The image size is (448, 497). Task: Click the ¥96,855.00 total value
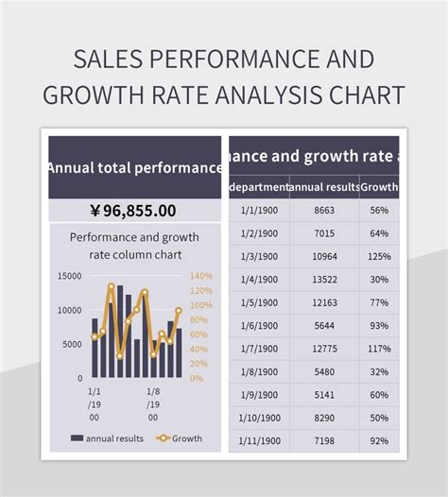pyautogui.click(x=133, y=210)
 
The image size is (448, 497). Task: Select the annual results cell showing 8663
pyautogui.click(x=324, y=211)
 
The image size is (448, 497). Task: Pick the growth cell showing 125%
pyautogui.click(x=379, y=257)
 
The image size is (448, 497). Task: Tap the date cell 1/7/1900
pyautogui.click(x=259, y=349)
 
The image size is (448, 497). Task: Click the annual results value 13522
pyautogui.click(x=324, y=280)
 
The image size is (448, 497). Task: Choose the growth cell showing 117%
pyautogui.click(x=379, y=349)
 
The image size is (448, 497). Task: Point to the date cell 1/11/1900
pyautogui.click(x=259, y=440)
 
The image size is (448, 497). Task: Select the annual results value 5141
pyautogui.click(x=324, y=395)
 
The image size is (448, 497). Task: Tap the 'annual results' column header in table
pyautogui.click(x=324, y=187)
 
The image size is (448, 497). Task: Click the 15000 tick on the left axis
pyautogui.click(x=70, y=276)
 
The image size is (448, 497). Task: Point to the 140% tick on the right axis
pyautogui.click(x=201, y=276)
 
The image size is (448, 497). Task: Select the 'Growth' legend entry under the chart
pyautogui.click(x=180, y=438)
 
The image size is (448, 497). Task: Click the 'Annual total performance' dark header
pyautogui.click(x=134, y=167)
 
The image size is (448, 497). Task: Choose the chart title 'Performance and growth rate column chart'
pyautogui.click(x=132, y=246)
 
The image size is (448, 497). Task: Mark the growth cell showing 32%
pyautogui.click(x=379, y=371)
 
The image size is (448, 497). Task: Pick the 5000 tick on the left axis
pyautogui.click(x=73, y=344)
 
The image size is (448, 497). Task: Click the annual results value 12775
pyautogui.click(x=324, y=349)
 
